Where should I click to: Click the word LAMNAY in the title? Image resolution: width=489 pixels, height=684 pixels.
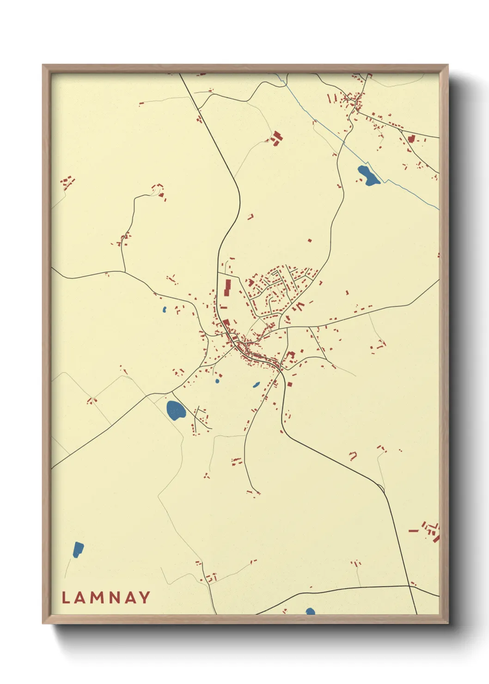[106, 597]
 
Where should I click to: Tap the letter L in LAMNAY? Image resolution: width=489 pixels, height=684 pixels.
[65, 597]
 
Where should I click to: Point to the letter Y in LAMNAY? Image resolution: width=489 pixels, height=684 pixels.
[145, 597]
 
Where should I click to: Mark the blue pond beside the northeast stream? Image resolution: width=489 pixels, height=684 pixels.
[368, 176]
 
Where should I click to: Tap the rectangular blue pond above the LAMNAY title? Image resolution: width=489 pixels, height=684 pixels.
[78, 550]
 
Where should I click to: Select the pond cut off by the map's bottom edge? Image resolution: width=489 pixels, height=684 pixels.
[310, 611]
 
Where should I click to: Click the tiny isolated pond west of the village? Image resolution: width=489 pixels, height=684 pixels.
[164, 309]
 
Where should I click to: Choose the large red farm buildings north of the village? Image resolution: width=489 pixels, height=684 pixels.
[276, 138]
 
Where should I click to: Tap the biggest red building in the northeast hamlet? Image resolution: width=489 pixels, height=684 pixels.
[411, 138]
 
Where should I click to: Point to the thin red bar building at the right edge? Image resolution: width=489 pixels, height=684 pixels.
[413, 531]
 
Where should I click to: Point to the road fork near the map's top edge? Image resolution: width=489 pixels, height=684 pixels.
[199, 109]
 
